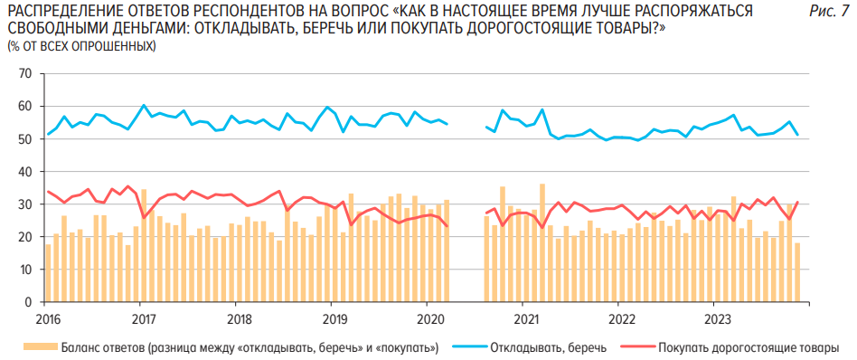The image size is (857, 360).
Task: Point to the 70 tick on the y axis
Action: [24, 73]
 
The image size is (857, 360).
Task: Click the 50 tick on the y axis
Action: [24, 138]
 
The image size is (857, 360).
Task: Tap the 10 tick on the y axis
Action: [24, 270]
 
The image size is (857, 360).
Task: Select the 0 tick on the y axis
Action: [28, 302]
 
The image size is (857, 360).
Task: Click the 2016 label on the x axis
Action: [48, 318]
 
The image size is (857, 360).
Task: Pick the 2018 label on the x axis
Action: [239, 318]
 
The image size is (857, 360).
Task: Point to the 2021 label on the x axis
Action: [526, 318]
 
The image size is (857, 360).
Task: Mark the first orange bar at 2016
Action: [48, 273]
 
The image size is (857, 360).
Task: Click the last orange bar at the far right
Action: [797, 272]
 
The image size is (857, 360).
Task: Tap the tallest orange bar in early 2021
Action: [542, 243]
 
